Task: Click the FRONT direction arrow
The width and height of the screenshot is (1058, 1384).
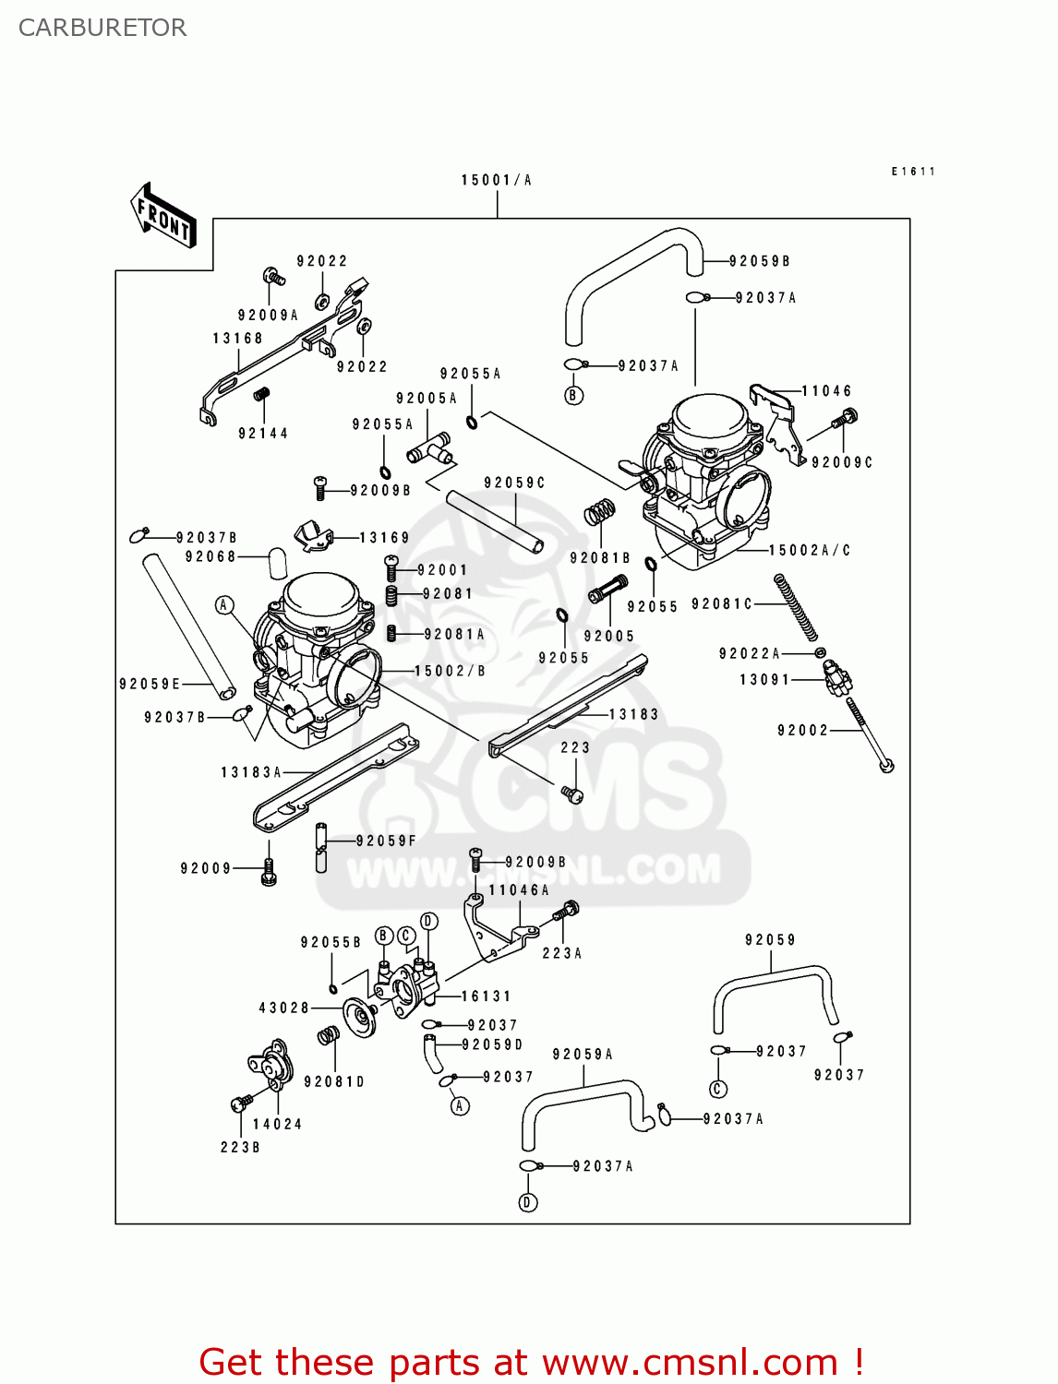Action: [x=164, y=215]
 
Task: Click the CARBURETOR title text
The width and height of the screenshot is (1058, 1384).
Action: [x=102, y=28]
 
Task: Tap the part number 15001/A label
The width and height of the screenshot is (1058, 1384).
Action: [x=497, y=180]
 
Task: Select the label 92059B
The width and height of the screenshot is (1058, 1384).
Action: [x=760, y=261]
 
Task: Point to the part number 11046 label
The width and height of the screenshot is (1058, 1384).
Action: [x=826, y=391]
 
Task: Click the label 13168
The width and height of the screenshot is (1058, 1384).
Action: [x=237, y=339]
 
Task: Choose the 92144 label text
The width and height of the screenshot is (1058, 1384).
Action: [x=263, y=433]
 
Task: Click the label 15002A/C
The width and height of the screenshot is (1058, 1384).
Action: [x=810, y=551]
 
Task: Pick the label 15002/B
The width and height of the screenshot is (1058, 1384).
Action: [x=450, y=671]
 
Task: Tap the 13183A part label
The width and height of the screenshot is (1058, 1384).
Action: [x=251, y=772]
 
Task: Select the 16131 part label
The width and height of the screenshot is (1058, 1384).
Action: [x=486, y=996]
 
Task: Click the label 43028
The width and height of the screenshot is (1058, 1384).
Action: [x=283, y=1008]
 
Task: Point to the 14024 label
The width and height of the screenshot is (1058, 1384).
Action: [x=277, y=1124]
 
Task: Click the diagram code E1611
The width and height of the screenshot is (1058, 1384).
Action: [x=913, y=172]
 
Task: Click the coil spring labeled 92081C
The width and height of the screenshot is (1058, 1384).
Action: [x=797, y=606]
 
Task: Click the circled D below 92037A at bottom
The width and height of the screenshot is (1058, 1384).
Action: [x=528, y=1202]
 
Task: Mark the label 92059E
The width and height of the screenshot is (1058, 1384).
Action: [x=150, y=684]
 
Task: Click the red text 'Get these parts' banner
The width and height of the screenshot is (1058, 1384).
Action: [x=531, y=1362]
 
